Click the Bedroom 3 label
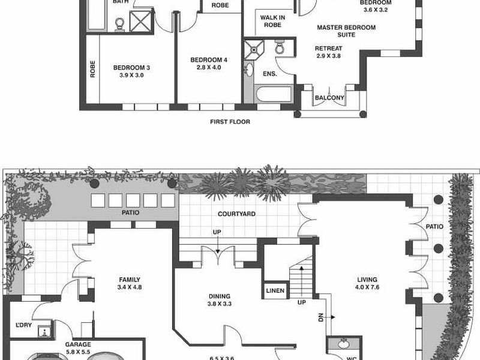131,71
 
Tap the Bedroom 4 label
209,64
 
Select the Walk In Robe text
272,21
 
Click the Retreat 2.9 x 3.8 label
328,52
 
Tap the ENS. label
270,74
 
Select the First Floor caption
230,122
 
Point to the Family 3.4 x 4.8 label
129,283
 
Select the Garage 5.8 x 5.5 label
77,349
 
